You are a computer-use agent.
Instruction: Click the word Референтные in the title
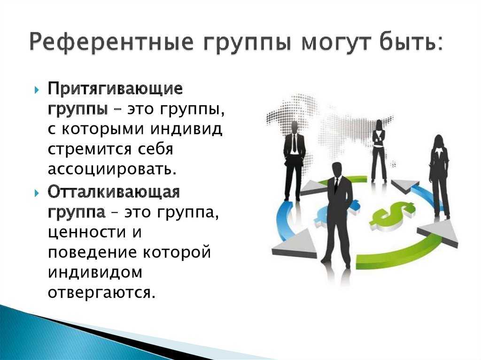[x=111, y=42]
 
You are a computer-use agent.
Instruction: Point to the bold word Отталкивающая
[x=114, y=192]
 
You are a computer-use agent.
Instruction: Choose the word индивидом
[x=95, y=272]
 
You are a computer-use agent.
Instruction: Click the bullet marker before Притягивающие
[x=37, y=90]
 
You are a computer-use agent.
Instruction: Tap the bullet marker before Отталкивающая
[x=37, y=193]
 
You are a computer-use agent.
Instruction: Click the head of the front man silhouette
[x=337, y=170]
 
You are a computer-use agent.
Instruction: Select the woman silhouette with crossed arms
[x=380, y=152]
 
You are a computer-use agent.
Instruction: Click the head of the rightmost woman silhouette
[x=439, y=141]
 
